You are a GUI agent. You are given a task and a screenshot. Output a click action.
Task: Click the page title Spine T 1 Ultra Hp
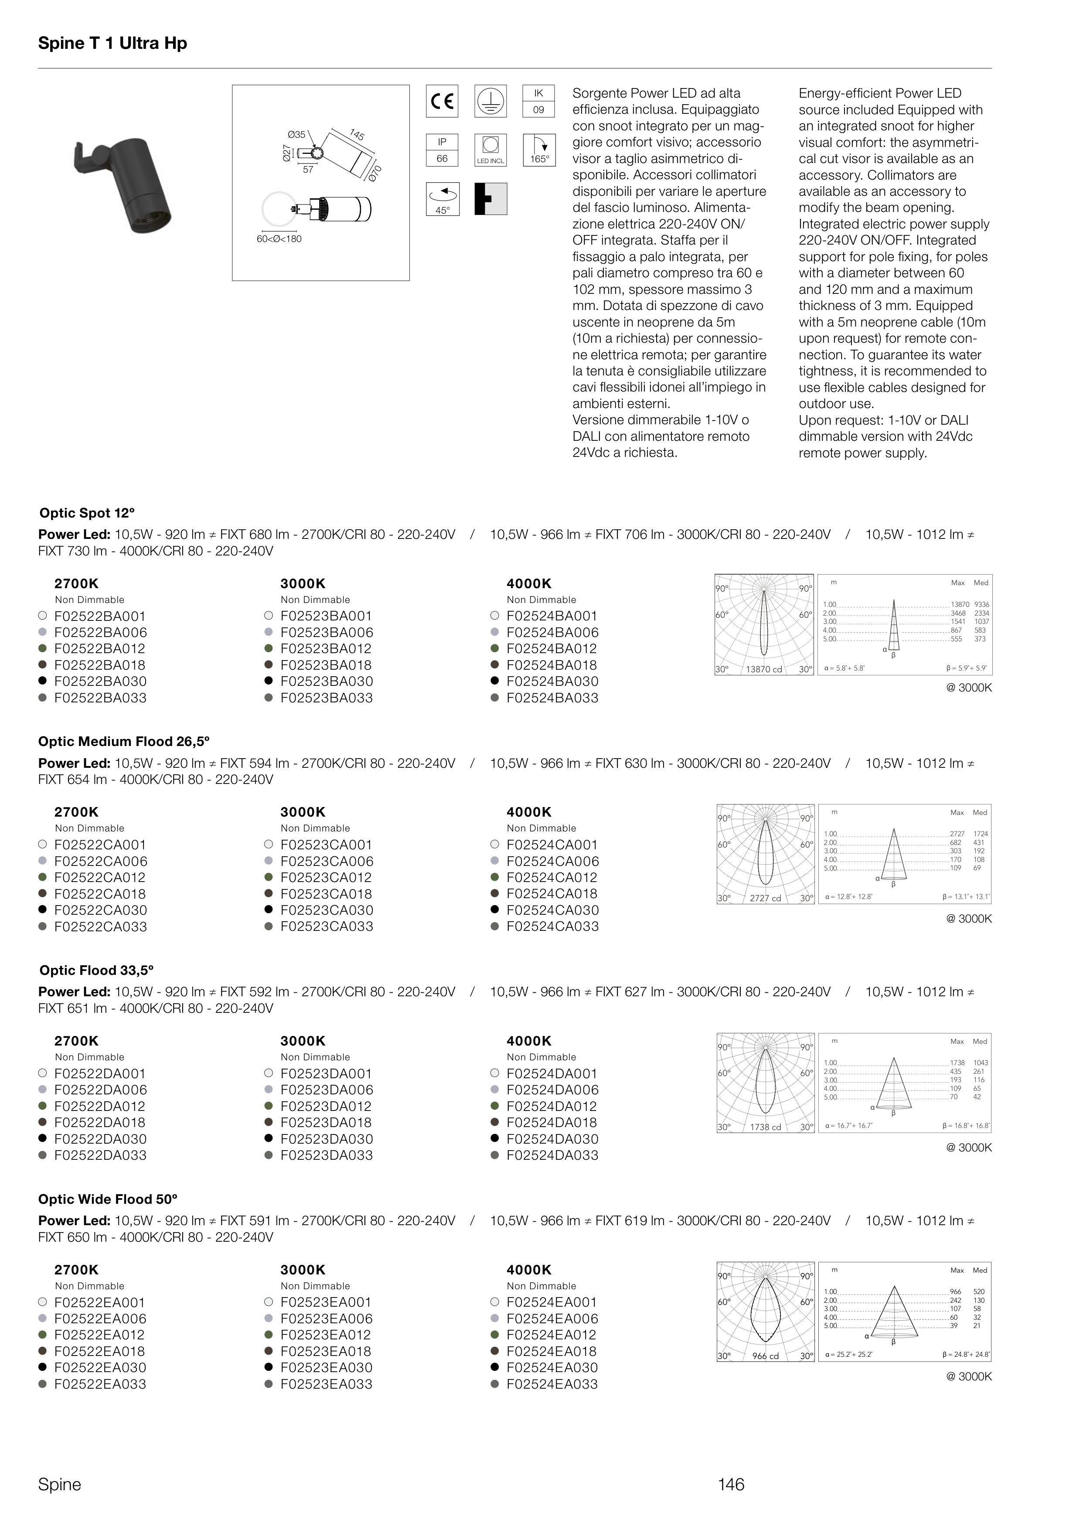coord(112,44)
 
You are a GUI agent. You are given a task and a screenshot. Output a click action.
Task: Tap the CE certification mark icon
coord(442,101)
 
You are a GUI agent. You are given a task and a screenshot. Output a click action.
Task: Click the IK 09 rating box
coord(538,101)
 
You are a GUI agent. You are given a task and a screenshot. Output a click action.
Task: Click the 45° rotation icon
coord(442,199)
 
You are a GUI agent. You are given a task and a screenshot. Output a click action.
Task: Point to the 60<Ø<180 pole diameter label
coord(279,239)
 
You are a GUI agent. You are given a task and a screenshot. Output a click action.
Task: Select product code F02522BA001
coord(100,616)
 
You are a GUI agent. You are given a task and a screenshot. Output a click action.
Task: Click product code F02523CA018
coord(326,894)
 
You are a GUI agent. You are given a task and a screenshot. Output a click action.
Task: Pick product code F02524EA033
coord(552,1384)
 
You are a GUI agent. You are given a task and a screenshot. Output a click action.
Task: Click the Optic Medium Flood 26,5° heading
coord(124,742)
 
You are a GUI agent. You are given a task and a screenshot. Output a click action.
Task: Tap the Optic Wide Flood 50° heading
coord(108,1199)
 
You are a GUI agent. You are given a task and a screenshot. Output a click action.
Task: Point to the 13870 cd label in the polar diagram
coord(764,669)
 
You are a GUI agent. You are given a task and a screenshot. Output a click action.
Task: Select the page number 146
coord(731,1485)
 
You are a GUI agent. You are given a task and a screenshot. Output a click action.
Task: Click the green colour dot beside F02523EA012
coord(269,1335)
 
